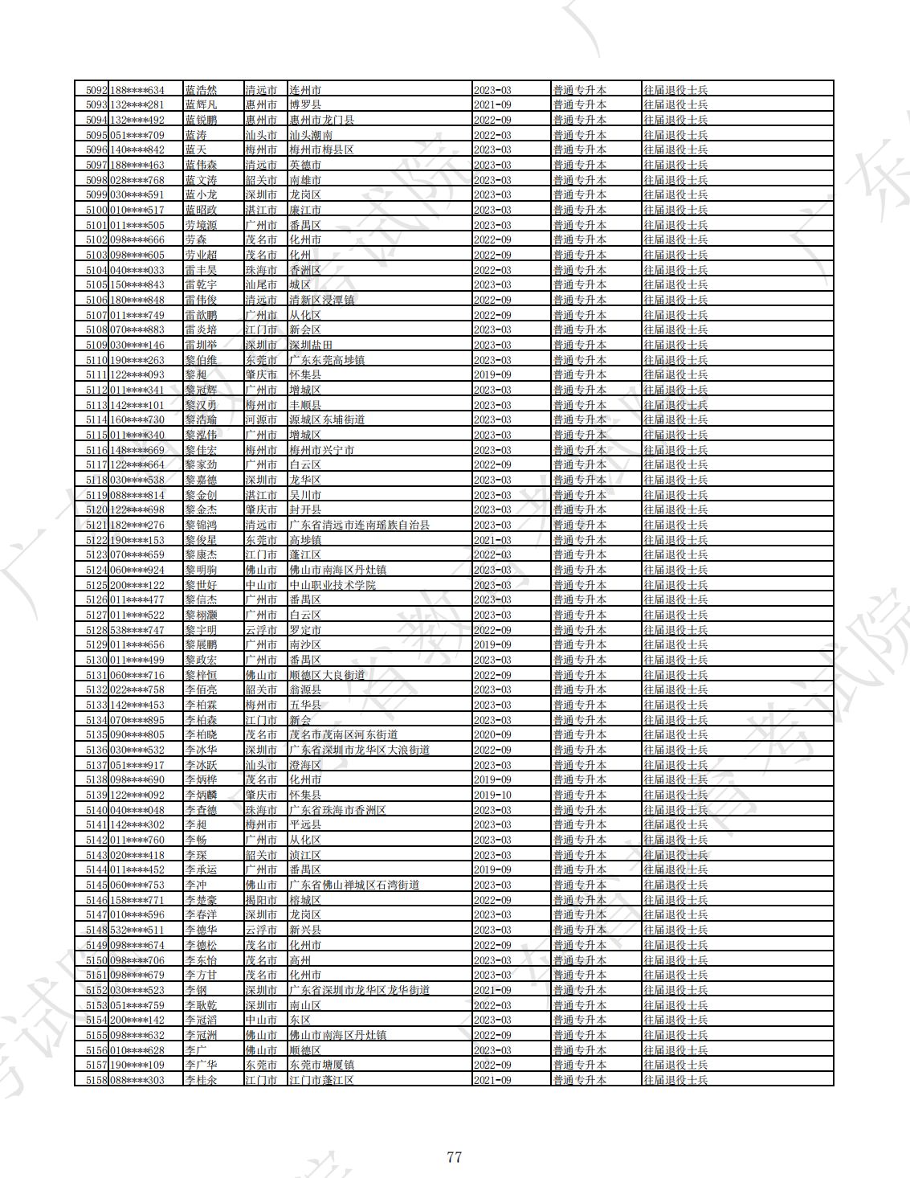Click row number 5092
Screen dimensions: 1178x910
tap(96, 90)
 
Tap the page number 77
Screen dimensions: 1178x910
tap(454, 1157)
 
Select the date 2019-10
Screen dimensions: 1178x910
tap(492, 795)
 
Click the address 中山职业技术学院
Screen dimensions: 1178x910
tap(333, 585)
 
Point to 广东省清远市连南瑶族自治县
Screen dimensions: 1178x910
tap(359, 525)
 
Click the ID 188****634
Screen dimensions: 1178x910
tap(137, 90)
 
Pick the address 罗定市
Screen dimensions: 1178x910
tap(305, 630)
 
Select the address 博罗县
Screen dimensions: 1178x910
tap(305, 105)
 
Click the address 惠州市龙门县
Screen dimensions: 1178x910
tap(321, 120)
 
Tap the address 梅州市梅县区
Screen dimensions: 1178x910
tap(321, 150)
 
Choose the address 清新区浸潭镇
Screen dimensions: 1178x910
tap(321, 300)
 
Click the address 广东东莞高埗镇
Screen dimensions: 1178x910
tap(327, 360)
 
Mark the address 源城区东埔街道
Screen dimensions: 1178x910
tap(327, 420)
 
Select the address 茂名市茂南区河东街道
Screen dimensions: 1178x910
tap(343, 735)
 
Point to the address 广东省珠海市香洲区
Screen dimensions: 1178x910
tap(337, 810)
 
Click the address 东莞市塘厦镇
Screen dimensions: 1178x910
tap(321, 1065)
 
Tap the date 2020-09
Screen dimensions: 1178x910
tap(492, 735)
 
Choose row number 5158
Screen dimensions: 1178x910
tap(96, 1080)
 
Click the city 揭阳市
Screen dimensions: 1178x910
tap(261, 900)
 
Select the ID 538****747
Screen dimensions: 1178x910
tap(137, 630)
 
